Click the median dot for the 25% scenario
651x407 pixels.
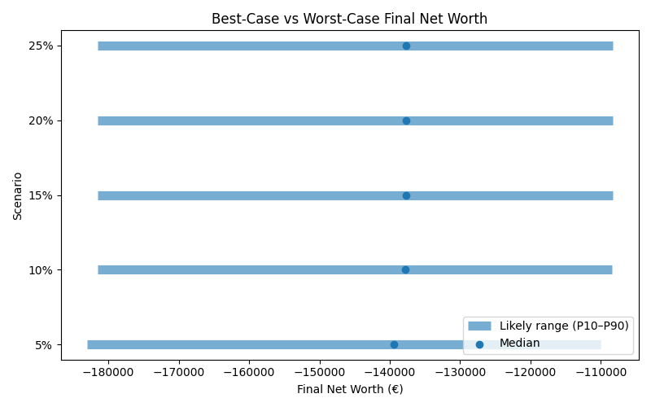click(x=406, y=46)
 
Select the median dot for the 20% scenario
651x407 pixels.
click(x=406, y=120)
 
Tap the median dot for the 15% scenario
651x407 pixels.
click(x=406, y=195)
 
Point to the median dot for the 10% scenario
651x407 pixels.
click(x=405, y=269)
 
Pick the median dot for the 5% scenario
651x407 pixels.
click(x=394, y=344)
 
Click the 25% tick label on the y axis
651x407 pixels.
click(x=41, y=46)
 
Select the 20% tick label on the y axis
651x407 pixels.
click(x=41, y=120)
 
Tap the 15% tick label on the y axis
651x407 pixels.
click(x=41, y=195)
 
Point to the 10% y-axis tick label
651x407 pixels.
click(x=41, y=269)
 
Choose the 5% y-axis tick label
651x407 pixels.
click(x=43, y=344)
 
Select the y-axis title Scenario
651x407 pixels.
click(x=17, y=195)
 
